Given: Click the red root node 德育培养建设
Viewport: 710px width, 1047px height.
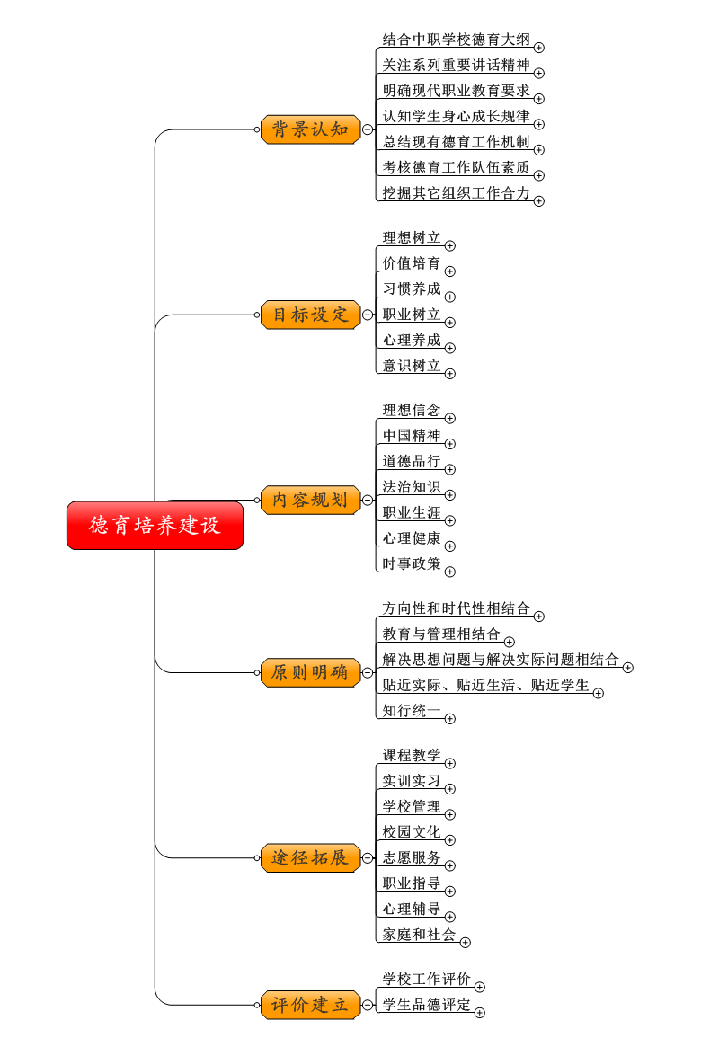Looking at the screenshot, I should [155, 526].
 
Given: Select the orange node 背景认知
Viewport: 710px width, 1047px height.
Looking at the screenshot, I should [310, 129].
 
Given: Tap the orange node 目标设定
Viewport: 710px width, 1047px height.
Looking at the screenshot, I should [310, 315].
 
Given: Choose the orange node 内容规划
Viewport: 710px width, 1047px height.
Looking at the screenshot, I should [310, 500].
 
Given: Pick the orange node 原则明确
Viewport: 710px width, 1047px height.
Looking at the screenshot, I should [310, 672].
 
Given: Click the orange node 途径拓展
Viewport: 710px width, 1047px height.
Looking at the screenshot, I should [310, 857].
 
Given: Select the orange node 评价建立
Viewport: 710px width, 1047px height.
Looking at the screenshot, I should [310, 1005].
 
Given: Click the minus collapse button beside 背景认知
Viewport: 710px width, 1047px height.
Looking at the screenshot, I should [368, 129].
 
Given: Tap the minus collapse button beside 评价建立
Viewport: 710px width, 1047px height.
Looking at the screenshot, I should [368, 1005].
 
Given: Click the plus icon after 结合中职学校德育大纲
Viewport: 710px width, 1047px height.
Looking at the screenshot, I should [539, 48].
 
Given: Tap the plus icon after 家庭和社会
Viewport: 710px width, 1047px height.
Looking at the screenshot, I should [465, 943].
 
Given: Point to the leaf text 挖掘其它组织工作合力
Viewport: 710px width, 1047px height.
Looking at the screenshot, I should [457, 192].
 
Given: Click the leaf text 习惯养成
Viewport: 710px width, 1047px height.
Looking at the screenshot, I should [412, 288].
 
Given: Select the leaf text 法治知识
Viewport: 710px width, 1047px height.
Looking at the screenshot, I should [412, 486].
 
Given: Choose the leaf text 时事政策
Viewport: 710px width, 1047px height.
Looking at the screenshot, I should [412, 563].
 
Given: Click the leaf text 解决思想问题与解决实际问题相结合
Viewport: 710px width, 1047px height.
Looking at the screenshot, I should [501, 660].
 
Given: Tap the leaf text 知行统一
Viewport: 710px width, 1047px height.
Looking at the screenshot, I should [412, 710].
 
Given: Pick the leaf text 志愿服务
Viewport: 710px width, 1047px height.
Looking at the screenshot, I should [412, 857].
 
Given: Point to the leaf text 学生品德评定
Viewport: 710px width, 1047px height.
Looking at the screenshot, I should [427, 1004].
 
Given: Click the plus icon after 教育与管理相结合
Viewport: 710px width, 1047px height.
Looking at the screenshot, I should [509, 642].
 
